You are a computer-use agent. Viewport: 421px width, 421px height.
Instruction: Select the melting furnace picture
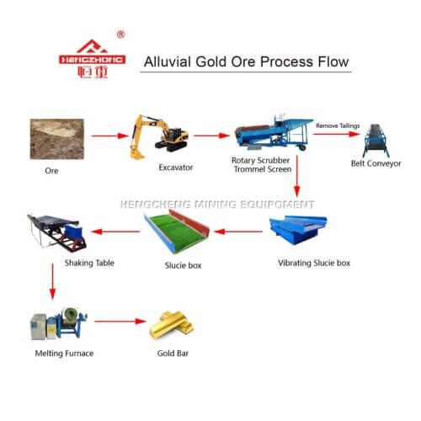click(x=56, y=324)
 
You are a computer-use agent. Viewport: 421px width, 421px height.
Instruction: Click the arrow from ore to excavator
click(x=103, y=135)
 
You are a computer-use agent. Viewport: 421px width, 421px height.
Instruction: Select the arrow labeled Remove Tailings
click(x=337, y=134)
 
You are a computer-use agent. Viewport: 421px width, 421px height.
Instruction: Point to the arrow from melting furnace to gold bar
click(x=118, y=322)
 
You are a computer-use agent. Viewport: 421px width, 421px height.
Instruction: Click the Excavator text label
click(x=175, y=168)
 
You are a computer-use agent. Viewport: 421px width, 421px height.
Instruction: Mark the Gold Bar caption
click(x=171, y=353)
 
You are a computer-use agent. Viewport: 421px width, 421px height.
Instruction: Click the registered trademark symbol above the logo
click(x=120, y=35)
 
